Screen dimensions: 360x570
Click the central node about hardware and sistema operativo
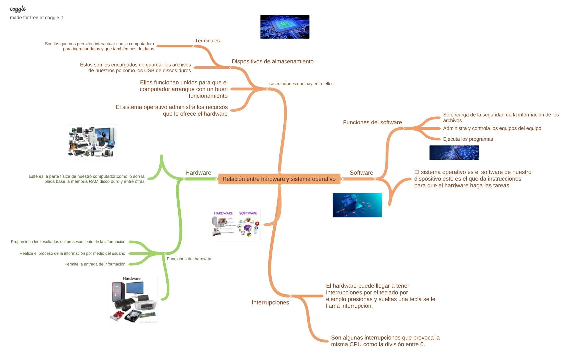pos(279,179)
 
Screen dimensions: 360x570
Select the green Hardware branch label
pos(198,173)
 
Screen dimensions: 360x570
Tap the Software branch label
pos(361,173)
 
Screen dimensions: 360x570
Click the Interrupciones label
pos(270,302)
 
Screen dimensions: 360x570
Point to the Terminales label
pos(207,41)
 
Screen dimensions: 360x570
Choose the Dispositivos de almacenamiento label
pos(273,61)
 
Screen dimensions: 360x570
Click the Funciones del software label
pos(372,122)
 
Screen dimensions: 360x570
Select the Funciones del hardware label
pos(189,259)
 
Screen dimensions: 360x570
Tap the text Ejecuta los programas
pos(468,139)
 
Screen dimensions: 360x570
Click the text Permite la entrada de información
pos(95,264)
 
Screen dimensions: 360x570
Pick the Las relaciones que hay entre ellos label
pos(300,84)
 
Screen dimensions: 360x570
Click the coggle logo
pos(18,9)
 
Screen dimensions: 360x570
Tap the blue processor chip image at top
pos(285,27)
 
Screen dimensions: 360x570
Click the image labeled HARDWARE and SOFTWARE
pos(235,225)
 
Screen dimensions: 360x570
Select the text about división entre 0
pos(385,341)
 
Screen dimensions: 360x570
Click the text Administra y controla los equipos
pos(492,128)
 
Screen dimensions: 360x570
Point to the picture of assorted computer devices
pos(92,142)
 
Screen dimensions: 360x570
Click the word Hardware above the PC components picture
pos(132,278)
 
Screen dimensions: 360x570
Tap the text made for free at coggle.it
pos(36,18)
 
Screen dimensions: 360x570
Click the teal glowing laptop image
pos(357,205)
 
